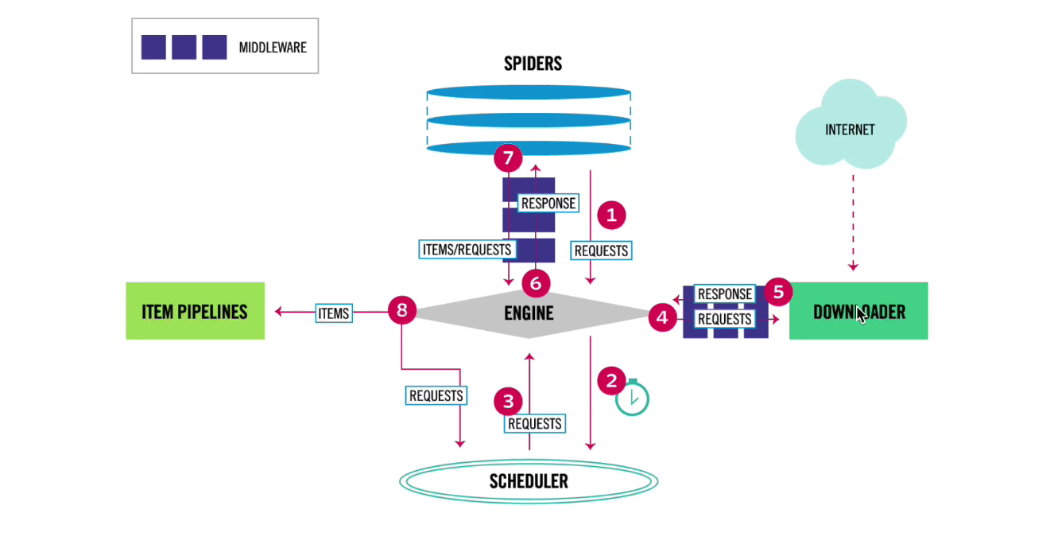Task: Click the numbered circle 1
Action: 611,216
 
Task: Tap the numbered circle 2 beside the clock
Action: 611,380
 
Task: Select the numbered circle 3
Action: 508,402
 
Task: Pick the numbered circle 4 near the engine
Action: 662,317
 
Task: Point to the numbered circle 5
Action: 778,292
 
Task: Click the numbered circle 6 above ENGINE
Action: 536,284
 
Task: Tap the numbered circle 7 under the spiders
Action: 508,158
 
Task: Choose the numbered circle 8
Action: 402,310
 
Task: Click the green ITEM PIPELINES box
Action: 195,311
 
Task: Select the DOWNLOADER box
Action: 858,311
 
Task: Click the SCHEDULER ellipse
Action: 529,481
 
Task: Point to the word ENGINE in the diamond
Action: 529,313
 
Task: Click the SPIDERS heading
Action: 533,64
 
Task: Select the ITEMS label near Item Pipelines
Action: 334,313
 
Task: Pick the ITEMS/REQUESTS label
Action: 467,249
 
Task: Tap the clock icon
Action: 632,398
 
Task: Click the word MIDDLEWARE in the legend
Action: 273,47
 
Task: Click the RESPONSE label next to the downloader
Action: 724,294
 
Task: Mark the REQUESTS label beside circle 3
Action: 534,424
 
